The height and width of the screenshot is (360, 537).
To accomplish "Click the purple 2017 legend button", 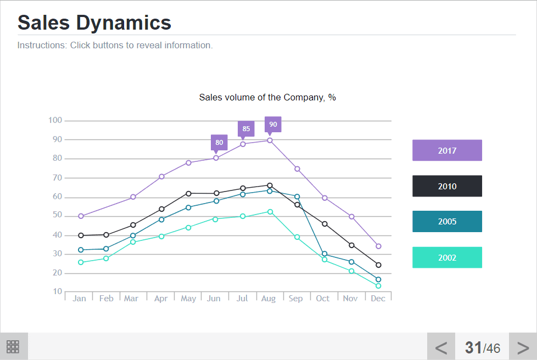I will click(x=447, y=150).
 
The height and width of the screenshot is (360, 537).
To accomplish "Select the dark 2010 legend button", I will click(x=447, y=186).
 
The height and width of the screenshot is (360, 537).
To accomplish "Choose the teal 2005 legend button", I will click(x=447, y=222).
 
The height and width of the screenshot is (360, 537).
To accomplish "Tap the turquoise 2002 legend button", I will click(x=447, y=257).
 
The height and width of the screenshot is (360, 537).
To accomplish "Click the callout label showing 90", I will click(x=273, y=125).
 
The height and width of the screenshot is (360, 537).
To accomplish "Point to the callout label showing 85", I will click(x=246, y=130).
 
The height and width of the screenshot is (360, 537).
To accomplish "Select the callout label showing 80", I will click(x=219, y=143).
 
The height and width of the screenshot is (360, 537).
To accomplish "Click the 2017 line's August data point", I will click(x=270, y=140).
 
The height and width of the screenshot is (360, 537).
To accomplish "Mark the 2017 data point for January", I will click(x=81, y=216).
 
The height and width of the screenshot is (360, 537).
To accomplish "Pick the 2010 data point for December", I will click(x=378, y=265).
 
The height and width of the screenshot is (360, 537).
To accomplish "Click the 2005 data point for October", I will click(x=325, y=254).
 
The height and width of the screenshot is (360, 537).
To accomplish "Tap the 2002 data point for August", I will click(x=270, y=212).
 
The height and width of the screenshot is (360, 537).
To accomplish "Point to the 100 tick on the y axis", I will click(x=55, y=120).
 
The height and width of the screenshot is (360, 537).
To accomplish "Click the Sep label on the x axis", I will click(x=295, y=299).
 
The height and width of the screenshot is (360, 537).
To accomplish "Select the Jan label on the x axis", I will click(x=79, y=299).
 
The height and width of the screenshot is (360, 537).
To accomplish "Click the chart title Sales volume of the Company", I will click(x=267, y=98).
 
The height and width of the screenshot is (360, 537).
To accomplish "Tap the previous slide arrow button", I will click(x=441, y=347).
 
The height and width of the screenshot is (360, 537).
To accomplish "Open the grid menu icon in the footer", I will click(x=13, y=346).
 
